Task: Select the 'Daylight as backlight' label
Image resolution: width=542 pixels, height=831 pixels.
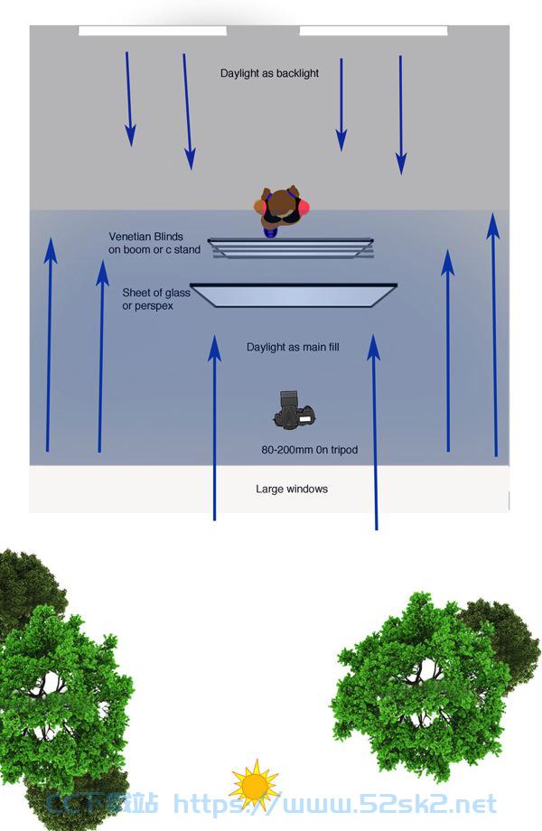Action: pos(269,73)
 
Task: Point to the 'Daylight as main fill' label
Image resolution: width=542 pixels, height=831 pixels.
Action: pos(293,347)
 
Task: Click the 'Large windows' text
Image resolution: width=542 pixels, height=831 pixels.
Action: pos(292,489)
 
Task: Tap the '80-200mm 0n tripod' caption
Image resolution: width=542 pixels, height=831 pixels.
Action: pos(310,450)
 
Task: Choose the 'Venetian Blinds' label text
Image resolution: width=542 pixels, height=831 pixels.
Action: pos(145,237)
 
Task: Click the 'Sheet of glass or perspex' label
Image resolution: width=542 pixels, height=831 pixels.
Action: pos(155,299)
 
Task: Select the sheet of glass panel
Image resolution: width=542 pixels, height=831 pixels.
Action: pos(294,295)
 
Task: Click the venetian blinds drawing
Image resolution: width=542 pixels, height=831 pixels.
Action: pos(291,248)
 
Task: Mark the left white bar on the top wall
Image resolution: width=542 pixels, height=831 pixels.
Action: pos(153,31)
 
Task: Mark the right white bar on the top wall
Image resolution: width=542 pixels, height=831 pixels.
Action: pos(373,31)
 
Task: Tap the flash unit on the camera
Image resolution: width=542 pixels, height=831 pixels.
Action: pos(289,398)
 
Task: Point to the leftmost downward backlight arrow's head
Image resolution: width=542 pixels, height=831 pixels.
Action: pos(130,135)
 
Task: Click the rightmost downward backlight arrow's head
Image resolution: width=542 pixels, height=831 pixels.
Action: pos(401,163)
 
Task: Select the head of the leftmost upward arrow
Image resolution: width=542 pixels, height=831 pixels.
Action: pos(51,249)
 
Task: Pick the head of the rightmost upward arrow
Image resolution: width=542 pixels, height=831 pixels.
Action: pos(493,226)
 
